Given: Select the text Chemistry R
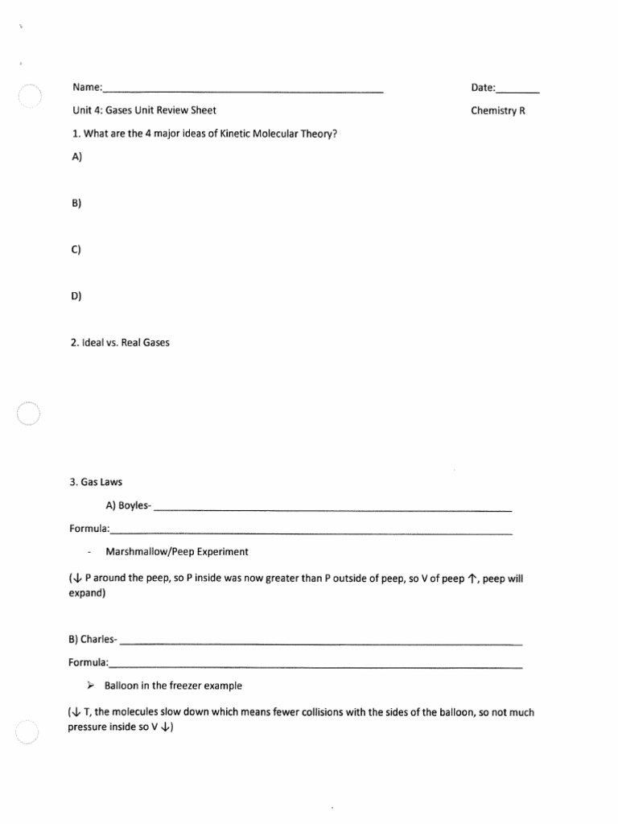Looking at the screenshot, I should [498, 111].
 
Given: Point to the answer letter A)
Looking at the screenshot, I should [77, 158].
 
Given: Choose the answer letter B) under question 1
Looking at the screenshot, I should [77, 204].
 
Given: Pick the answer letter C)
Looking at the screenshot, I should [77, 249].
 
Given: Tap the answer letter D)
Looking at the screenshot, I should [77, 295].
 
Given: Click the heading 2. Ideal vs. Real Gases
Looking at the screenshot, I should [120, 342].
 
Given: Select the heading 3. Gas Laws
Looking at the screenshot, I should [97, 483].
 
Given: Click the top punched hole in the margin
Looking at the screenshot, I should [28, 97].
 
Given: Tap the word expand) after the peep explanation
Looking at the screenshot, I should [86, 593].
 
